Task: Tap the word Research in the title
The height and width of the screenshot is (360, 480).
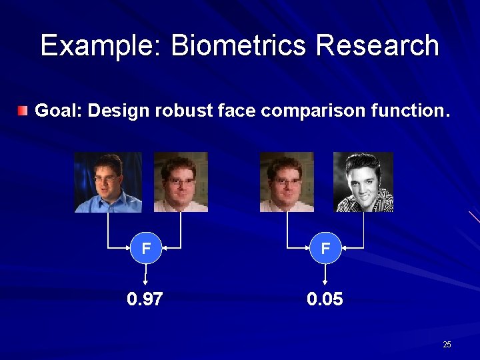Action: tap(377, 46)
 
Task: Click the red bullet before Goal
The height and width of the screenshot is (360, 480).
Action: tap(23, 110)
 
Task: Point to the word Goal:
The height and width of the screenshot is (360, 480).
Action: tap(58, 111)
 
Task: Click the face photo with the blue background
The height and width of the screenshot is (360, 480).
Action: tap(108, 182)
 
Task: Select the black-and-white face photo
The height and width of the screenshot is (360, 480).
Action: tap(363, 182)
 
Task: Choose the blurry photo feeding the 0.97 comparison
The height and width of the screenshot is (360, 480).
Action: tap(181, 182)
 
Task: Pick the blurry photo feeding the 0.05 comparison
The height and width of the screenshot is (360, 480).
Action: tap(287, 182)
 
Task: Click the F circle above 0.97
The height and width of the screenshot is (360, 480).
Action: tap(145, 249)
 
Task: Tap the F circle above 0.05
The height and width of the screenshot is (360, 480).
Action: tap(325, 249)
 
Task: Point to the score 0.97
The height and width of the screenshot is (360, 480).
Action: tap(145, 299)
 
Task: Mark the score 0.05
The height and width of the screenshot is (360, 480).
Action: tap(325, 299)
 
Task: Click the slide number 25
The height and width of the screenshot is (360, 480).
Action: tap(447, 345)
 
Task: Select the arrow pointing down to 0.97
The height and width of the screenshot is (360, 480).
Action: tap(145, 275)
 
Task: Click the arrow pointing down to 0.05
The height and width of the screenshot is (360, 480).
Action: tap(325, 275)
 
